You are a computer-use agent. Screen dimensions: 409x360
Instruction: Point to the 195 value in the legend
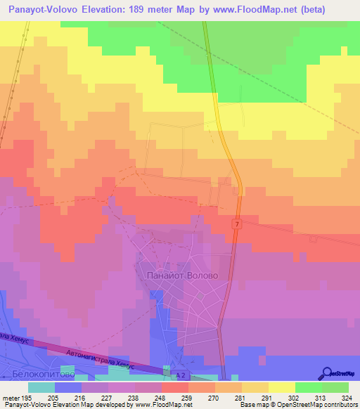click(27, 397)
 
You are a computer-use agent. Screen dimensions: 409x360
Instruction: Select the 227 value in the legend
click(94, 397)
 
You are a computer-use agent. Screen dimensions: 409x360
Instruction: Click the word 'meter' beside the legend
click(9, 397)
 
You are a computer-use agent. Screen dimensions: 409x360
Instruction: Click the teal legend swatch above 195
click(41, 387)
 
